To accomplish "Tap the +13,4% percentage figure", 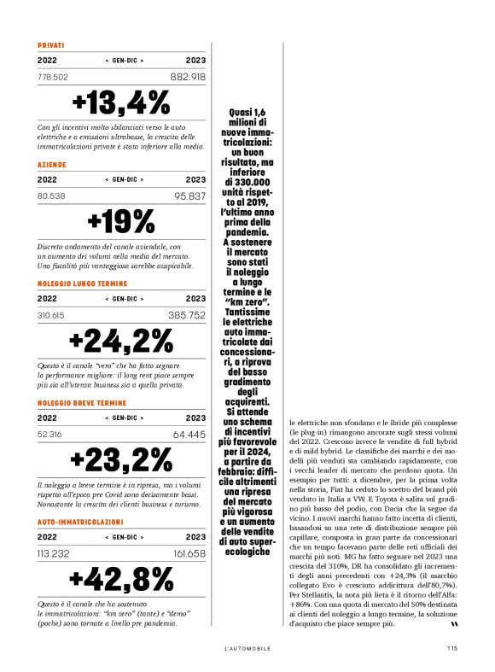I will coord(122,102).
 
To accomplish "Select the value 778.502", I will coord(54,77).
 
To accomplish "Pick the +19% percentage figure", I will coord(122,221).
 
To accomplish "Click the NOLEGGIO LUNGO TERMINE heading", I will coord(83,283).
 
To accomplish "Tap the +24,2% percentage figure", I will coord(122,341).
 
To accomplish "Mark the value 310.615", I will coord(52,315).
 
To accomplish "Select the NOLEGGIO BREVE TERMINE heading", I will coord(82,401).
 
